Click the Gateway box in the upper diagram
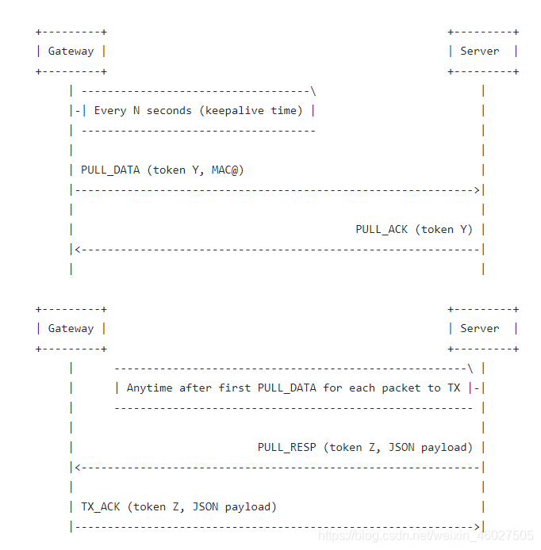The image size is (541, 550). pos(71,52)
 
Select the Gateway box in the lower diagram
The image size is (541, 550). pos(71,329)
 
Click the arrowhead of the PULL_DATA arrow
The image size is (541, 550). pos(477,190)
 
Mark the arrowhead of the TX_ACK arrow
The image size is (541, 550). pos(477,527)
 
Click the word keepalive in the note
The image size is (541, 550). pos(234,111)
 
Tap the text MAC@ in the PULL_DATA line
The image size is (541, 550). pos(231,170)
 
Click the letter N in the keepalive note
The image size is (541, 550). pos(136,111)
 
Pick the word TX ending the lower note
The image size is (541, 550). pos(453,388)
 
